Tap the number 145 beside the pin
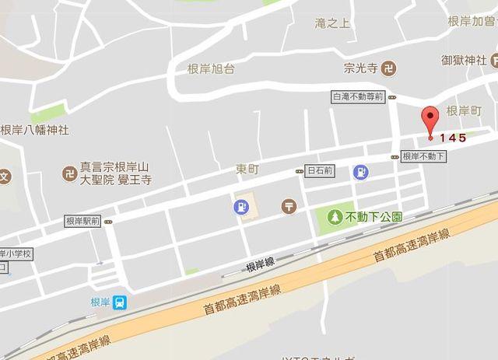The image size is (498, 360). coord(452,138)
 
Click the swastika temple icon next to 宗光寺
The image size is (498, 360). coord(391,68)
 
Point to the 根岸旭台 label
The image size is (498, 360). coord(211,68)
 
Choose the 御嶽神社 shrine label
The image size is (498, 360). coord(464,59)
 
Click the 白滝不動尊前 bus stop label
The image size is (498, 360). coord(358,97)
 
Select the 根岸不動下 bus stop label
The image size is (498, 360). coord(424,156)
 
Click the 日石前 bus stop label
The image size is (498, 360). coord(320,170)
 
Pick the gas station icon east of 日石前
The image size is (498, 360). coord(360,172)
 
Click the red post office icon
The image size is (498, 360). coord(289,206)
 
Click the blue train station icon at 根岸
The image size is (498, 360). coord(121,302)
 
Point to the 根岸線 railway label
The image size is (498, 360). coord(259,265)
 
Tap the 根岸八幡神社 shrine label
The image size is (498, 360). coord(35,130)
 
